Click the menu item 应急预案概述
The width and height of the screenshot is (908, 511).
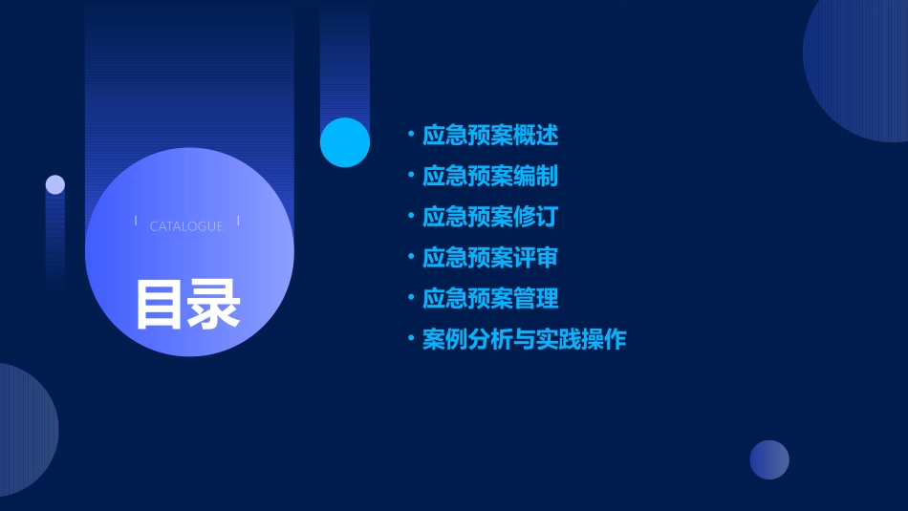click(490, 135)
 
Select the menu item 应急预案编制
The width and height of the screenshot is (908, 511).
click(490, 176)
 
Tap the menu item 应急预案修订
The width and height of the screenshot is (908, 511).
click(490, 217)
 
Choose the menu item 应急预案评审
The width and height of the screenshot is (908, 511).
click(490, 258)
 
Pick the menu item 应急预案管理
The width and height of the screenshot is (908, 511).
click(490, 299)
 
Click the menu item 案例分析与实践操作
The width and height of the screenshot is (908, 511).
click(524, 340)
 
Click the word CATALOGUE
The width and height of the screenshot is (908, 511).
click(186, 226)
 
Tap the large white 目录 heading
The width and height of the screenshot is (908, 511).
click(187, 304)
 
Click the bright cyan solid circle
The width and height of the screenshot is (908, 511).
click(345, 142)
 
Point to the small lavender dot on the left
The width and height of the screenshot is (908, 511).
click(55, 184)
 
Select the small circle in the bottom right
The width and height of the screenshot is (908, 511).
click(769, 459)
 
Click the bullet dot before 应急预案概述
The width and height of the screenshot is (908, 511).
click(410, 135)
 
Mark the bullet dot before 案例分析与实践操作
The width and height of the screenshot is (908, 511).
click(410, 339)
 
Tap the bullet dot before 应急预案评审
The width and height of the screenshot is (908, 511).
click(410, 258)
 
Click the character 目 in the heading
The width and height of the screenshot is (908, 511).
click(159, 304)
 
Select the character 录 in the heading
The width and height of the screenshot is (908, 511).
click(214, 304)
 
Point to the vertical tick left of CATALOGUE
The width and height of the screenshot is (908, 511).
click(136, 221)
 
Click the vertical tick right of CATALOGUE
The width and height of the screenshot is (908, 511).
click(238, 221)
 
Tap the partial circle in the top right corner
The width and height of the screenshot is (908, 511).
click(860, 62)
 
